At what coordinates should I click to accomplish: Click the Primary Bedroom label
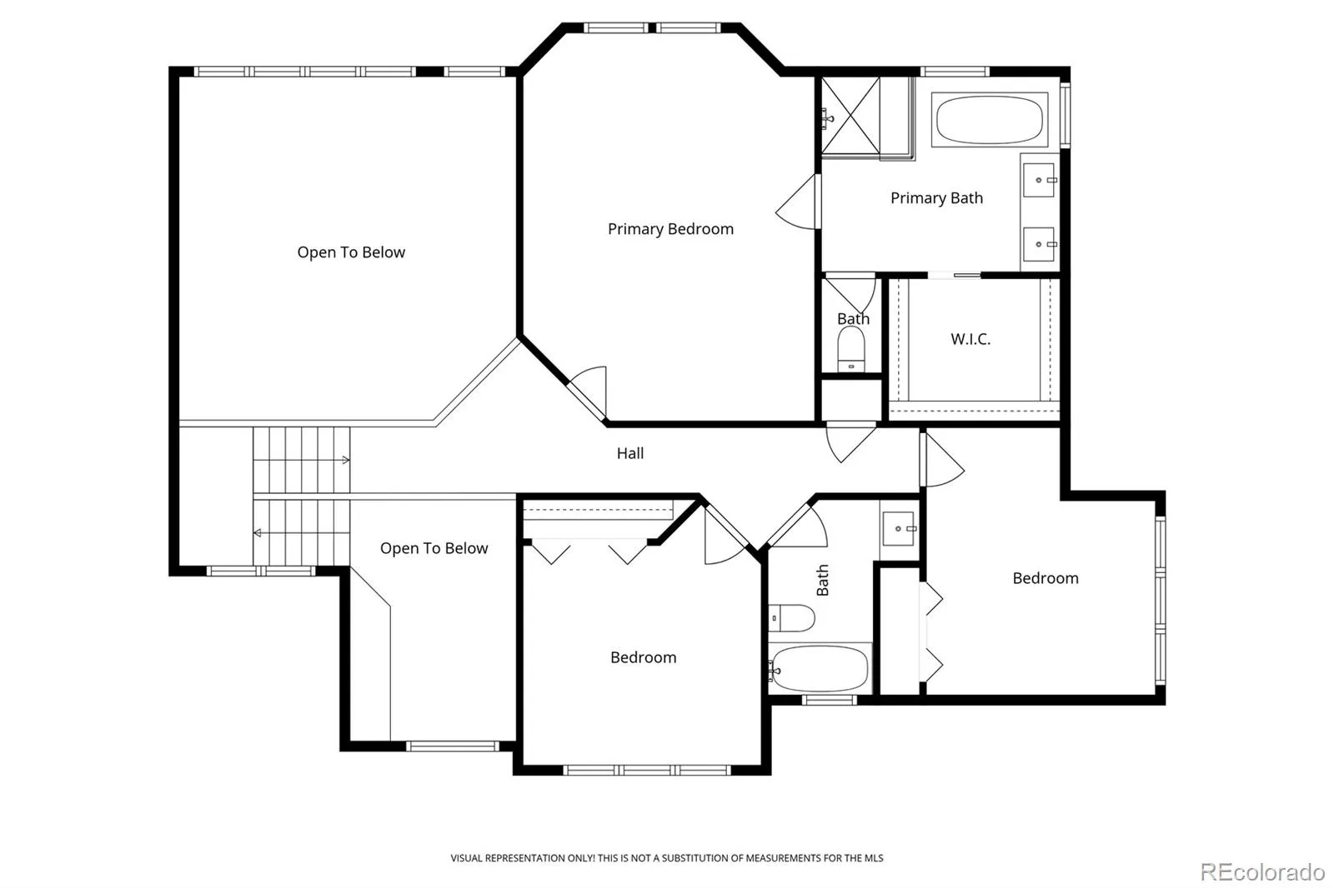670,229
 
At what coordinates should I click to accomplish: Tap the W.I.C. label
970,339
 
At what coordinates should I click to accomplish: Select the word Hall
630,453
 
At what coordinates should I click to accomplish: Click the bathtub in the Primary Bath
989,120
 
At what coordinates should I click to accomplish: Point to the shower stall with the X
850,116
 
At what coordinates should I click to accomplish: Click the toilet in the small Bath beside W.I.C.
851,349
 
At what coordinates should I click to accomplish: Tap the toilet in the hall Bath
791,618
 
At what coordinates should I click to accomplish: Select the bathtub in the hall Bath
820,668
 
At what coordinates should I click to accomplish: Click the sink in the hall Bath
899,528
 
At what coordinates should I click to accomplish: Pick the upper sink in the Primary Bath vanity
1039,180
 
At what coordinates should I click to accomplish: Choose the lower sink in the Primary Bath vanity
1039,244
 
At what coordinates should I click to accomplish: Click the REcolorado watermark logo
1262,872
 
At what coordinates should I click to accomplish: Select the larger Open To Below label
351,252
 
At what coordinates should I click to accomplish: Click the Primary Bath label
937,198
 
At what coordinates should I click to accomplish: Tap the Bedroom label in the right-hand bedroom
1046,578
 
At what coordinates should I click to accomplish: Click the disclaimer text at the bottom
667,858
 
